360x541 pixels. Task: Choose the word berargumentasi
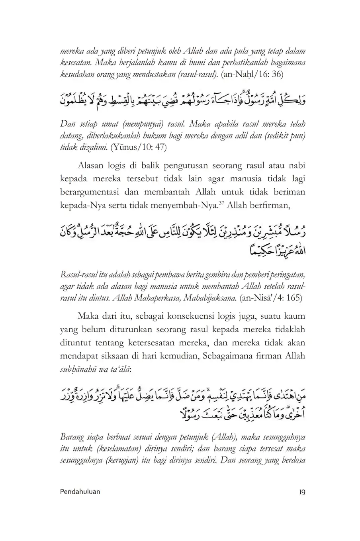[88, 192]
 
